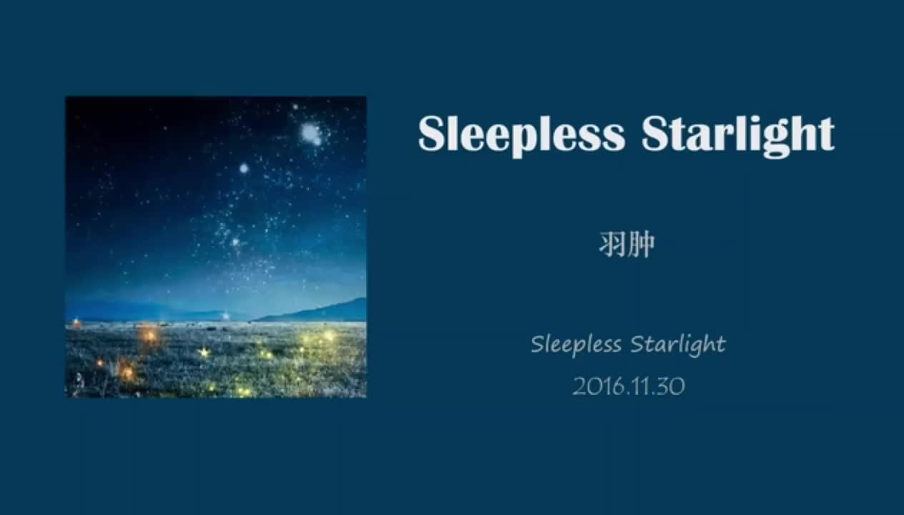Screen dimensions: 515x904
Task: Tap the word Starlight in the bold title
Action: [x=737, y=134]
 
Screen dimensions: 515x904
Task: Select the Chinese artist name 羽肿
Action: [x=627, y=245]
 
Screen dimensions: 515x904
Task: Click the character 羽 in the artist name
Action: [x=612, y=245]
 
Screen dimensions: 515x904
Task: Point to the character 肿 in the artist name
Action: [x=642, y=245]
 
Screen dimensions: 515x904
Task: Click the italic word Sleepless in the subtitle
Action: [x=576, y=345]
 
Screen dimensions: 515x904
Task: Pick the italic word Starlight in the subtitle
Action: [x=677, y=345]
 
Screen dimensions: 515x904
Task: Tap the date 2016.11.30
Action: [x=629, y=387]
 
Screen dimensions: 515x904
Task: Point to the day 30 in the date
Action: [x=672, y=387]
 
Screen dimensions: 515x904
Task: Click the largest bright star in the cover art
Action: [x=310, y=132]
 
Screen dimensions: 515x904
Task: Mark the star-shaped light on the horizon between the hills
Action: [x=226, y=315]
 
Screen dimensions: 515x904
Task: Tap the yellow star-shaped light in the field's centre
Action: [x=205, y=352]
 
